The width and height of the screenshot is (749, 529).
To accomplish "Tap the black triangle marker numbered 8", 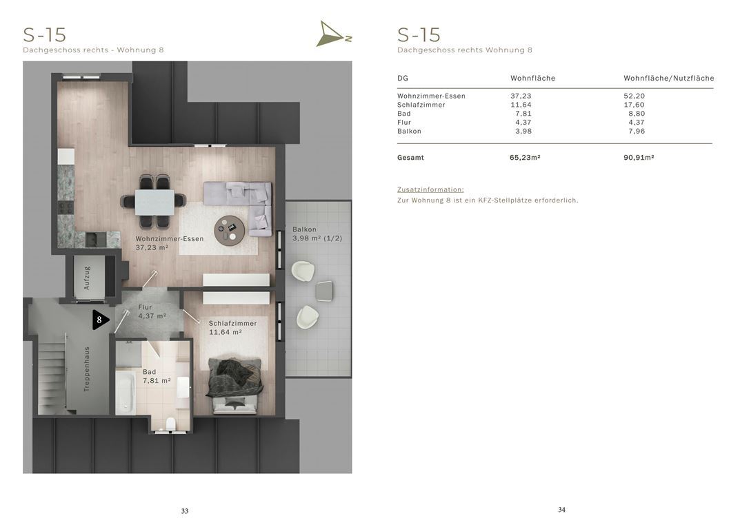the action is tap(100, 320).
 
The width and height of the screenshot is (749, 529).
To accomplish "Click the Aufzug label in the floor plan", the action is tap(86, 278).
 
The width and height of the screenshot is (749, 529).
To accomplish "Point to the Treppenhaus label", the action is tap(86, 369).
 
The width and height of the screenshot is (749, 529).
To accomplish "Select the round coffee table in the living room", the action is tap(229, 230).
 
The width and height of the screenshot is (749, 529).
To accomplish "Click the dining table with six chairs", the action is tap(154, 201).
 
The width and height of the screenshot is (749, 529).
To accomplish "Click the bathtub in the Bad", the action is tap(126, 393).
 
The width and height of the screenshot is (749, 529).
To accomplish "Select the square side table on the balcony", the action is tap(324, 291).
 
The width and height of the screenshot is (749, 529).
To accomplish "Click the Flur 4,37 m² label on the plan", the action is tap(152, 311).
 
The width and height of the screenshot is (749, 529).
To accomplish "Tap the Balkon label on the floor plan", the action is tap(304, 229).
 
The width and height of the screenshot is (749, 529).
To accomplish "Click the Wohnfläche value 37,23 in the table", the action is tap(521, 96).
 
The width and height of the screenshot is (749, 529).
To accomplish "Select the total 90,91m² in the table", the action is tap(639, 158).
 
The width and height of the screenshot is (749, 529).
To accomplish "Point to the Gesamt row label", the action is tap(410, 158).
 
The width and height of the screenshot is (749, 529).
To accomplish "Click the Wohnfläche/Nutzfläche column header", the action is tap(669, 79).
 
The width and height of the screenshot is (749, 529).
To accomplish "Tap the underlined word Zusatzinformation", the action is tap(430, 189).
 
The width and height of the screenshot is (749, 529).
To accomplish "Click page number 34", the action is tap(561, 510).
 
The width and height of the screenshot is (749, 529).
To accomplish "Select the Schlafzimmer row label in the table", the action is tap(421, 105).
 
